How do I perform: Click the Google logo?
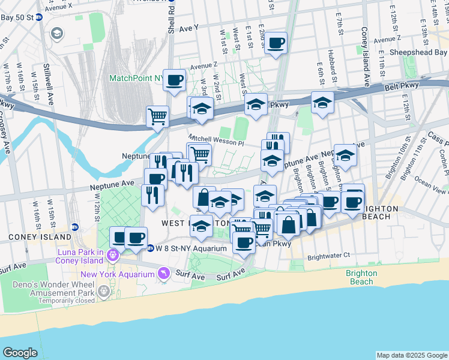click(20, 353)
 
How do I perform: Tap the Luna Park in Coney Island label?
click(82, 256)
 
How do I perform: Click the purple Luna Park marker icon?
click(112, 256)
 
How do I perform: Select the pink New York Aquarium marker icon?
click(163, 274)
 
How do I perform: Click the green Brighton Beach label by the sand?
click(361, 277)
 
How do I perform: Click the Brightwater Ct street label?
click(328, 256)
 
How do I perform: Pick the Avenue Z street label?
click(203, 66)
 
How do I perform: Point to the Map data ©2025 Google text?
click(411, 355)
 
